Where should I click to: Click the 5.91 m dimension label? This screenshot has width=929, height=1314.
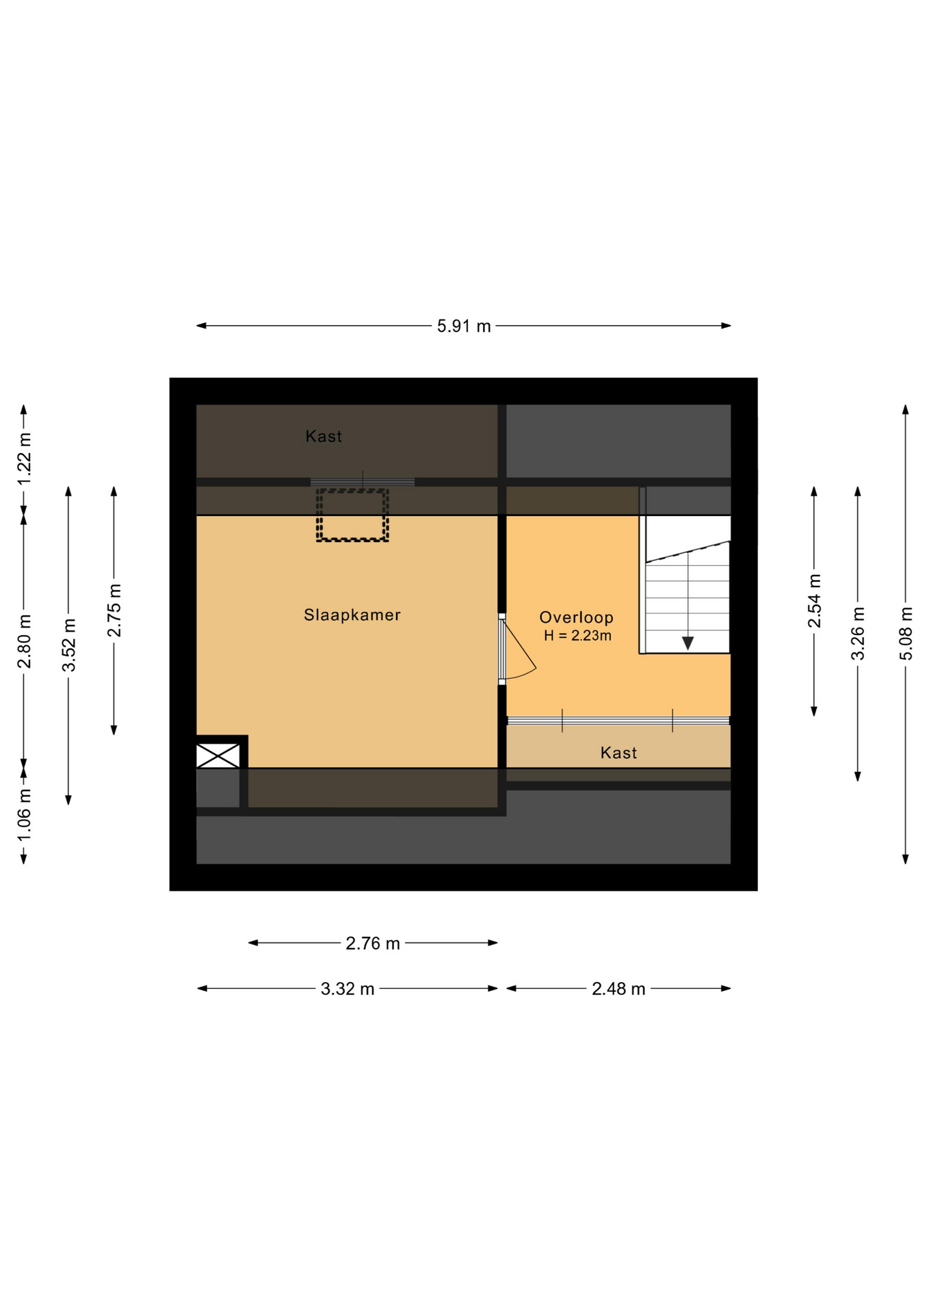coord(464,326)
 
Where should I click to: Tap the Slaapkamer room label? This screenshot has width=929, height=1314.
coord(352,615)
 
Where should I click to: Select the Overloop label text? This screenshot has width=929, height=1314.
coord(576,617)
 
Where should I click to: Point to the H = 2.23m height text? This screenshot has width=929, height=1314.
coord(577,636)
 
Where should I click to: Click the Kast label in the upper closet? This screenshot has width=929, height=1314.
coord(324,436)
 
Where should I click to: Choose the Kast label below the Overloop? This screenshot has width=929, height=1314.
coord(618,753)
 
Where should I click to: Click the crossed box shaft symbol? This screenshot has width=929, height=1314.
coord(218,756)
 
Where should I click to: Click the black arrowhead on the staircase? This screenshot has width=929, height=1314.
coord(688,643)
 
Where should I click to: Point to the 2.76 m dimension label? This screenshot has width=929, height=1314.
coord(373,944)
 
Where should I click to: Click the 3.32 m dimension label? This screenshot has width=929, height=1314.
coord(348,989)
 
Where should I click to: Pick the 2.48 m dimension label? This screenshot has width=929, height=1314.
coord(618,989)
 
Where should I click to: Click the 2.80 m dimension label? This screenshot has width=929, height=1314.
coord(25,642)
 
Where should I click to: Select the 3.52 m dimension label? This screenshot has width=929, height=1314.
coord(69,645)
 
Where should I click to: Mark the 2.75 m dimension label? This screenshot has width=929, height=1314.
coord(114,610)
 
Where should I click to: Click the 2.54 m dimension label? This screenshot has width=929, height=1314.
coord(814,601)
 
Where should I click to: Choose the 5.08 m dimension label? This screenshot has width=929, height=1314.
coord(906,634)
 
